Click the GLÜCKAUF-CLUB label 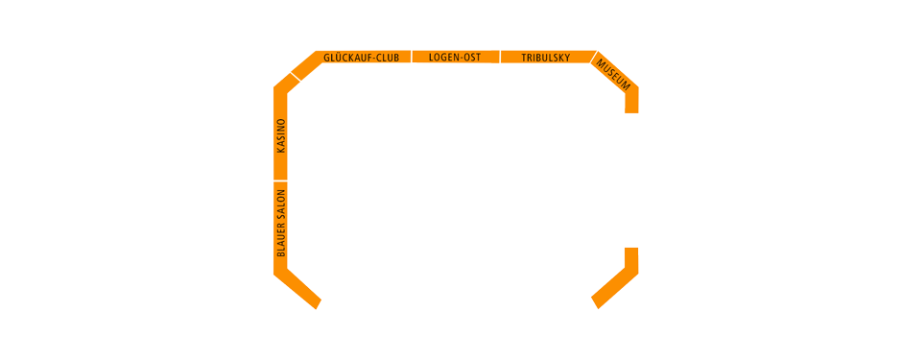[x=361, y=58]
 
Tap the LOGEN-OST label [x=455, y=58]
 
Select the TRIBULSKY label [x=545, y=58]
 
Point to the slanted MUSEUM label [x=613, y=74]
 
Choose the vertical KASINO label [x=281, y=135]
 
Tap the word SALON [x=281, y=204]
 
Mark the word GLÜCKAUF [x=345, y=58]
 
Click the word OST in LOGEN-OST [x=471, y=58]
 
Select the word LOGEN [x=443, y=58]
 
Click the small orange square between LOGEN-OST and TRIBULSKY [x=495, y=57]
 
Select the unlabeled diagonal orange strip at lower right [x=614, y=287]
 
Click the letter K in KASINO [x=281, y=149]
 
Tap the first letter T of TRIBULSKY [x=525, y=58]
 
